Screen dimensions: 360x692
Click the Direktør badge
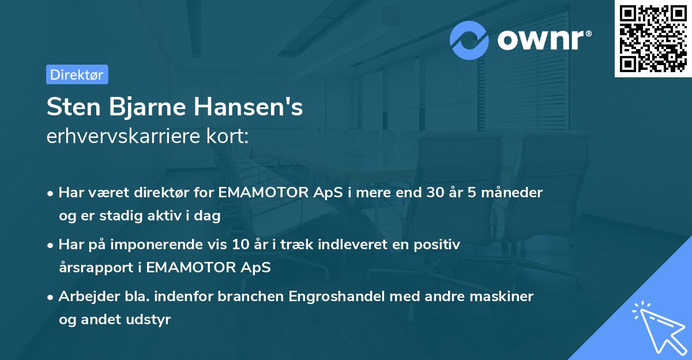tap(77, 74)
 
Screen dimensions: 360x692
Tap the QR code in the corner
tap(653, 38)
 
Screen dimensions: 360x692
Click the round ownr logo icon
tap(469, 40)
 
